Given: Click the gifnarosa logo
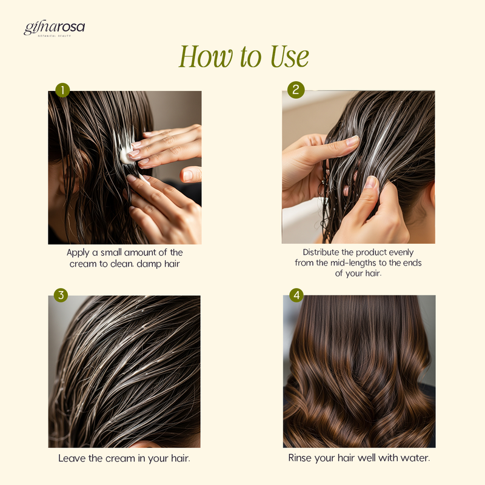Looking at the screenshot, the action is coord(54,28).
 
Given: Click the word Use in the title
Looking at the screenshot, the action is coord(290,56).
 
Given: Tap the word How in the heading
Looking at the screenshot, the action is coord(206,56).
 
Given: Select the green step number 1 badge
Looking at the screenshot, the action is coord(62,90).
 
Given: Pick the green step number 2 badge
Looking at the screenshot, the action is coord(296,90).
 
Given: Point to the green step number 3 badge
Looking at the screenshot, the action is coord(61,295).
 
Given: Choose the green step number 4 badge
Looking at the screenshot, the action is coord(296,295).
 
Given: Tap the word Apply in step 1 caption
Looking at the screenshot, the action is coord(78,253).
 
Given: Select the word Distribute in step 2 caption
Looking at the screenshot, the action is coord(321,252).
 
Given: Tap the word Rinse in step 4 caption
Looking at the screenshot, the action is coord(299,458).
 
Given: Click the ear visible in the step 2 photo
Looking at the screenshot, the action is coord(432,194).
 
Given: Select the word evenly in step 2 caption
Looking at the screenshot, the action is coord(401,253).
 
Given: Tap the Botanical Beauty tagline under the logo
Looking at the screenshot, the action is coord(54,36).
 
